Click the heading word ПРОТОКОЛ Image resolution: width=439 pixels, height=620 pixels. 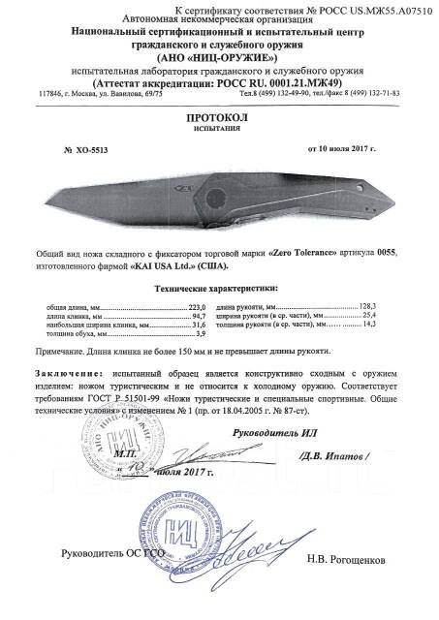pos(219,113)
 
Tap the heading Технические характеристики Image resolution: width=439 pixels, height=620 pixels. pos(217,287)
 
